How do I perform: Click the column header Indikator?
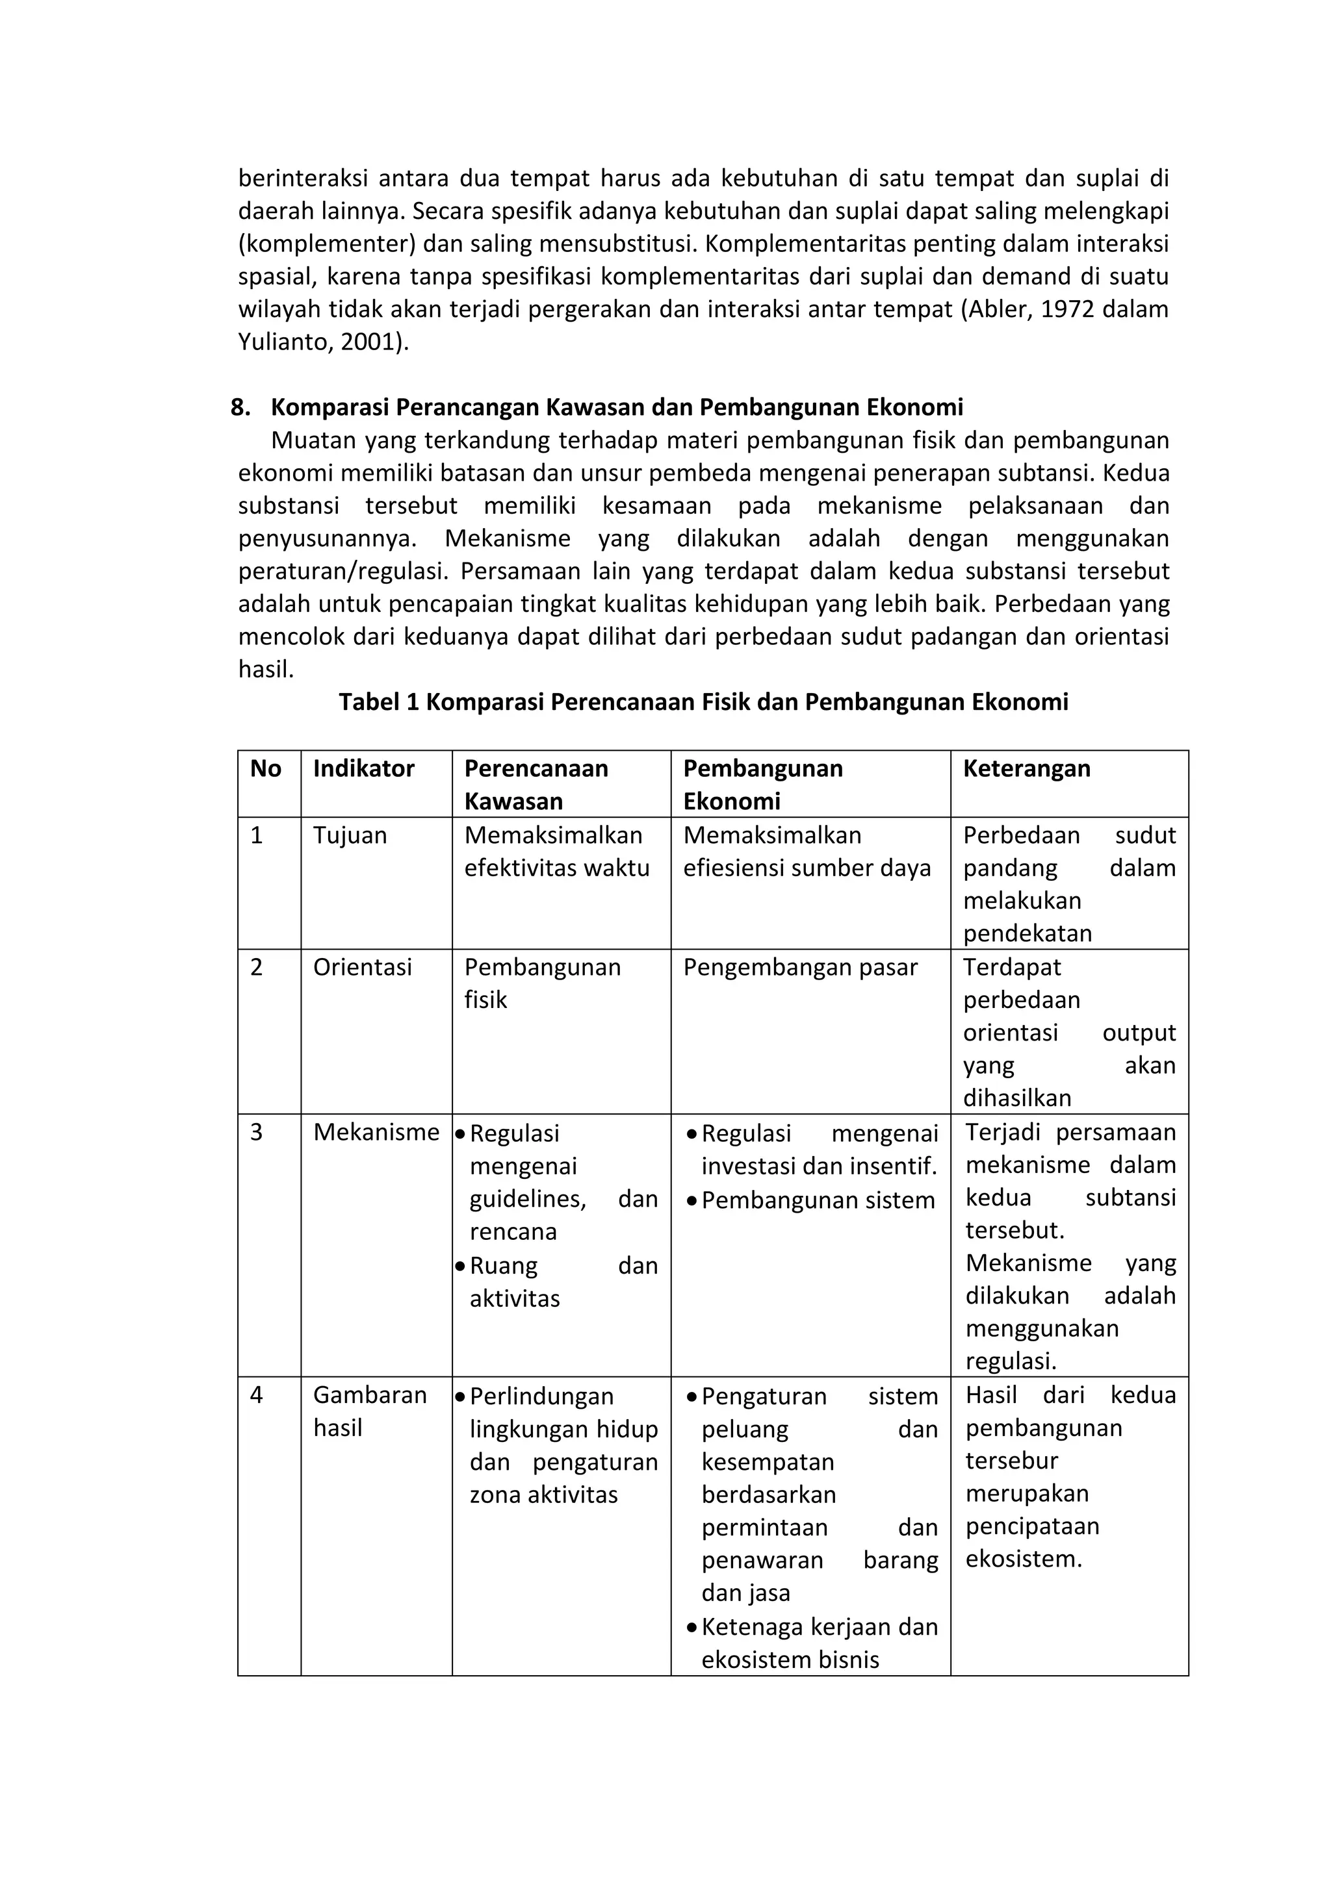coord(363,768)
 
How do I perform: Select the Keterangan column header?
coord(1026,768)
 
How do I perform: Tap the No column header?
coord(266,768)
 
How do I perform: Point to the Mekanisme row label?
coord(376,1132)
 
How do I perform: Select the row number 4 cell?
coord(257,1395)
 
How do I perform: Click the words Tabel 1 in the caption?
coord(379,702)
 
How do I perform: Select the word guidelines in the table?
coord(527,1200)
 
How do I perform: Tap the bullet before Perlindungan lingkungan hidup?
coord(461,1397)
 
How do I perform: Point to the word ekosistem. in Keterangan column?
coord(1023,1559)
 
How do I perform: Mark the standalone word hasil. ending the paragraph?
coord(266,670)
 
